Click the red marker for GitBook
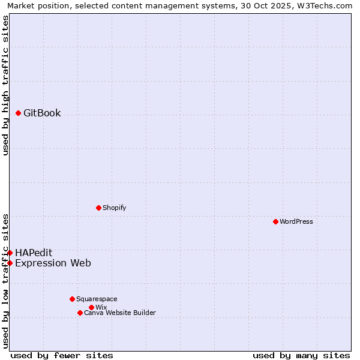pos(19,113)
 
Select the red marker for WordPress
pos(275,221)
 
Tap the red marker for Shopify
pos(98,208)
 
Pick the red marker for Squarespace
pos(72,299)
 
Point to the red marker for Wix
pos(91,307)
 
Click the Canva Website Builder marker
pos(80,313)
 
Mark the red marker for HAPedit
pos(10,253)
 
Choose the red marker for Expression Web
pos(10,263)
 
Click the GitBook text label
pos(42,113)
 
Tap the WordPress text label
pos(296,221)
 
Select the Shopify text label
pos(114,208)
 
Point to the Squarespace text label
pos(97,299)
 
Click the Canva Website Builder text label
pos(120,313)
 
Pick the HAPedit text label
pos(34,253)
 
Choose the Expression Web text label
pos(53,263)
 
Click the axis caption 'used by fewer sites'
pos(62,355)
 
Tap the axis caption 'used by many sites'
pos(301,355)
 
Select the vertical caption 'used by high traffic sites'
pos(5,85)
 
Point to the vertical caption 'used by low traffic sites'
pos(5,281)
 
